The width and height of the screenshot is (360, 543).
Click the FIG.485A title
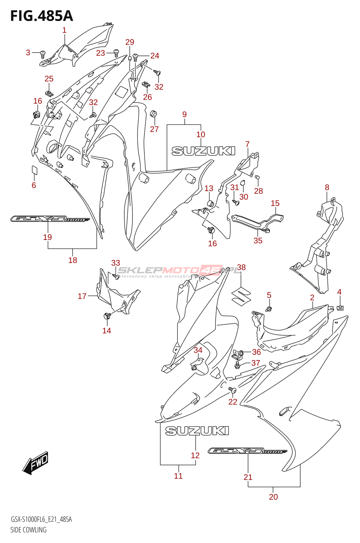pyautogui.click(x=41, y=16)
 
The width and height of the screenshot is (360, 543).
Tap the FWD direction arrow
pyautogui.click(x=36, y=463)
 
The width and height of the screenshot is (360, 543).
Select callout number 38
pyautogui.click(x=241, y=267)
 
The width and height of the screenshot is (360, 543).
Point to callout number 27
pyautogui.click(x=154, y=129)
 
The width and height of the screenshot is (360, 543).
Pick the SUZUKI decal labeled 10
pyautogui.click(x=203, y=151)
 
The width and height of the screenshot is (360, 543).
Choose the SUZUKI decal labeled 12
pyautogui.click(x=197, y=431)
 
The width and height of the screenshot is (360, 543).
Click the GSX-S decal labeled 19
pyautogui.click(x=50, y=219)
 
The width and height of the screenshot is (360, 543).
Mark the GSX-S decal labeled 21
pyautogui.click(x=248, y=451)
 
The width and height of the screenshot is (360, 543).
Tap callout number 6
pyautogui.click(x=34, y=185)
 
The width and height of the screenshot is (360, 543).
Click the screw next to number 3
pyautogui.click(x=43, y=53)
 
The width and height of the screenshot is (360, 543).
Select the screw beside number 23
pyautogui.click(x=116, y=53)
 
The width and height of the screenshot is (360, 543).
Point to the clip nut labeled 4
pyautogui.click(x=340, y=307)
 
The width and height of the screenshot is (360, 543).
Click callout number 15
pyautogui.click(x=275, y=203)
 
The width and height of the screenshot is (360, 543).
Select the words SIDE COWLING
pyautogui.click(x=29, y=530)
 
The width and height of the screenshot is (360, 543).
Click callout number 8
pyautogui.click(x=327, y=187)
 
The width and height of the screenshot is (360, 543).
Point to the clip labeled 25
pyautogui.click(x=49, y=92)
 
